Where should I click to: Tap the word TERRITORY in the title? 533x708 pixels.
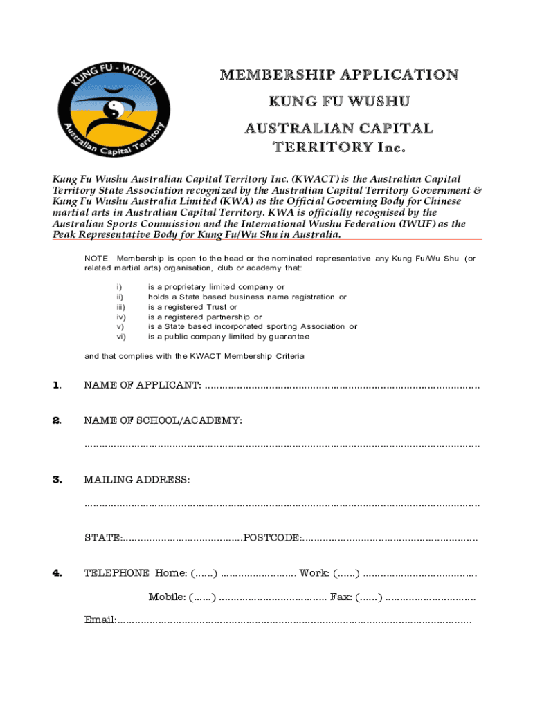(x=318, y=147)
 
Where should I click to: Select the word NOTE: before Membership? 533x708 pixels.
(x=96, y=258)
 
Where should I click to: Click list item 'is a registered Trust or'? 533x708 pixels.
(x=192, y=307)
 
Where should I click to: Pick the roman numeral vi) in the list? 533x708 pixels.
(x=120, y=337)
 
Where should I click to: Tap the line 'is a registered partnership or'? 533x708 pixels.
(x=205, y=317)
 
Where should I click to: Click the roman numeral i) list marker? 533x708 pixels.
(x=118, y=287)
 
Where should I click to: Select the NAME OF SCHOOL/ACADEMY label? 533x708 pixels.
(x=163, y=420)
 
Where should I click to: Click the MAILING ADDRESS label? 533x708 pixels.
(x=136, y=479)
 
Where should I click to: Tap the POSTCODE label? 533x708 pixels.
(x=272, y=537)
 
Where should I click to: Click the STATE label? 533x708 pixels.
(x=102, y=537)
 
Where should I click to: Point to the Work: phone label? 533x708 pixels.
(x=314, y=572)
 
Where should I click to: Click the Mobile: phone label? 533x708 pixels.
(x=166, y=597)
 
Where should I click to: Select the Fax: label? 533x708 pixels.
(x=341, y=597)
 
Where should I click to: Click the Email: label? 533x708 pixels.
(x=100, y=620)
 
